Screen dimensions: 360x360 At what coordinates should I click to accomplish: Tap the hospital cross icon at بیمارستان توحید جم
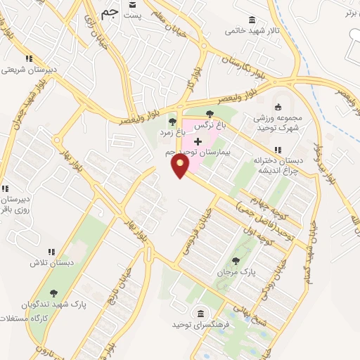197,141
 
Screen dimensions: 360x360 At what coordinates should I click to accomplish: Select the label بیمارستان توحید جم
198,152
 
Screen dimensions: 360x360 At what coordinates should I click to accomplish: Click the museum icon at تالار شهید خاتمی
252,20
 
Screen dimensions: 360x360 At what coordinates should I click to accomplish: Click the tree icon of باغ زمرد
172,122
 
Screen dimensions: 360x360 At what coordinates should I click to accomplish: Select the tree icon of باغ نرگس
210,112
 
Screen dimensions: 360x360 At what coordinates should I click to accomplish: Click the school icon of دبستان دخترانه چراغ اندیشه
278,150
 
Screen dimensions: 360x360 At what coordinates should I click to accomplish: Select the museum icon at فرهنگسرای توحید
200,312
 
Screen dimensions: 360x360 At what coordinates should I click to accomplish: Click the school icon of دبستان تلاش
51,252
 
